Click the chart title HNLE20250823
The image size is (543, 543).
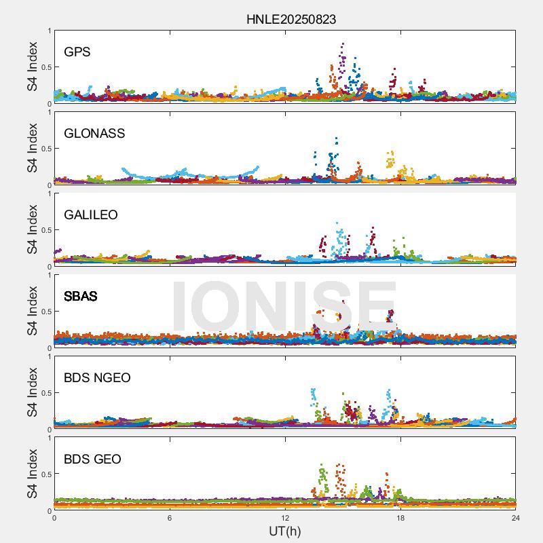(291, 20)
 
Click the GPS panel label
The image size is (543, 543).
(77, 52)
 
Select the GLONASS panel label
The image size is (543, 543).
(94, 134)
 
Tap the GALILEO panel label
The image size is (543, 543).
(91, 215)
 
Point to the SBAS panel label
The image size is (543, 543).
(81, 297)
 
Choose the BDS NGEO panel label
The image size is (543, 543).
(97, 378)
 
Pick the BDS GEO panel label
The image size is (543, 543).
(92, 460)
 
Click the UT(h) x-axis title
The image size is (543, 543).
(284, 531)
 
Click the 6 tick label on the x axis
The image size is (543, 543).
(170, 518)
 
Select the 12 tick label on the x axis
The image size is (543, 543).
(285, 518)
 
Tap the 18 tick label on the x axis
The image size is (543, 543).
(400, 518)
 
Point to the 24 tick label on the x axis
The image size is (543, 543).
(516, 518)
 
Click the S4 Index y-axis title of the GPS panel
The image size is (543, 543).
(32, 67)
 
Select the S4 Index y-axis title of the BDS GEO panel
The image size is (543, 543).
(32, 474)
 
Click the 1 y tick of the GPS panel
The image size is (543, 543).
(49, 31)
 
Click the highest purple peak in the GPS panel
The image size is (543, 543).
(343, 45)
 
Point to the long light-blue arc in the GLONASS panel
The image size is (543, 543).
(190, 175)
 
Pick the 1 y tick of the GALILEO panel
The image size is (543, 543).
(49, 193)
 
